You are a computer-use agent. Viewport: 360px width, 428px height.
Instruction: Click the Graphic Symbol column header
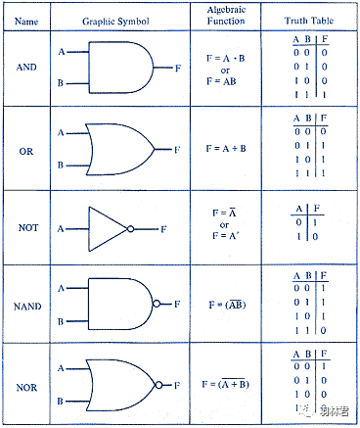tap(115, 22)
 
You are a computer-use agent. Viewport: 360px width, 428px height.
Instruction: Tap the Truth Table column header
tap(309, 21)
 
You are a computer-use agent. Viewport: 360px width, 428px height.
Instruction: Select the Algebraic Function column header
tap(226, 16)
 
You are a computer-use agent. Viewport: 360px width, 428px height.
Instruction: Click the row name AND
tap(26, 68)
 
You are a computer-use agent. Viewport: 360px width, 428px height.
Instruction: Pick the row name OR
tap(26, 152)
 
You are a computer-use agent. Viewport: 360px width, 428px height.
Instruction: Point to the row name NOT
tap(28, 227)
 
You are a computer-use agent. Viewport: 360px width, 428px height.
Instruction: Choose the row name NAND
tap(27, 307)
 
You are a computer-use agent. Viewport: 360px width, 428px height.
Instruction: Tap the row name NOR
tap(26, 388)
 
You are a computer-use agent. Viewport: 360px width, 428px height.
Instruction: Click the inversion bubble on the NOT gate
tap(130, 229)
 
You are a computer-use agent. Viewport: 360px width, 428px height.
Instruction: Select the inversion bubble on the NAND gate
tap(157, 304)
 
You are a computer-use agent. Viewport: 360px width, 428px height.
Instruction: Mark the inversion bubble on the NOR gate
tap(158, 385)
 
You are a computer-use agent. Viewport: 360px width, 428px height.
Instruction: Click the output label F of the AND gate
tap(178, 69)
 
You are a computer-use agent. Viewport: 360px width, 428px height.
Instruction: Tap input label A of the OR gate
tap(61, 133)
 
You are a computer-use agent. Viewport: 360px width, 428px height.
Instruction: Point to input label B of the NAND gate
tap(61, 321)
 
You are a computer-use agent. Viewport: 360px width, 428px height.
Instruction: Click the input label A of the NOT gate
tap(61, 229)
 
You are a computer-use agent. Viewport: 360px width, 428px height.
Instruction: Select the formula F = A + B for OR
tap(226, 149)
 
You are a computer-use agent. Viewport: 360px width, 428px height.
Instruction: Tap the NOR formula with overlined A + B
tap(225, 384)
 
